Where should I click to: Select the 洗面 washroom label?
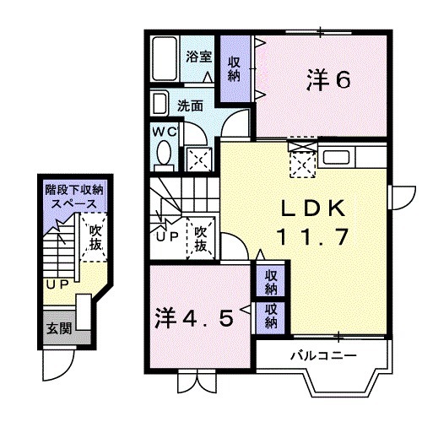point(190,106)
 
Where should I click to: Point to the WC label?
point(164,132)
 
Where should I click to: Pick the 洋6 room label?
point(327,80)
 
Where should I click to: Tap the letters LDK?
point(311,206)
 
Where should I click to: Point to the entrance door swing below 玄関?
point(57,363)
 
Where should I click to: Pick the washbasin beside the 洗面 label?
point(160,105)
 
